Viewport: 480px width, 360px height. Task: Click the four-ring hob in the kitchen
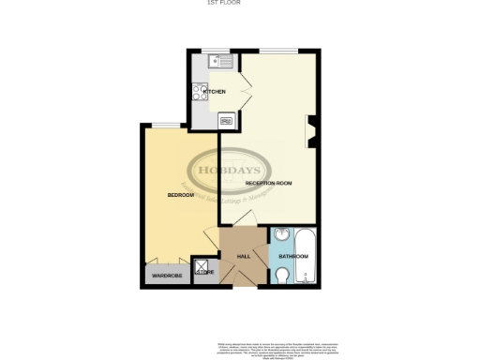[x=201, y=91]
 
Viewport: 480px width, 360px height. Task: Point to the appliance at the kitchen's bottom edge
[x=226, y=120]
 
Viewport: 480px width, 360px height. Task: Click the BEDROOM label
[x=180, y=195]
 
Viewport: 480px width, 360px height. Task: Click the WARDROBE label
[x=166, y=277]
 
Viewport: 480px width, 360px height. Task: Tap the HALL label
[x=243, y=256]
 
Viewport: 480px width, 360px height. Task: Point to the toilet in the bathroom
[x=283, y=274]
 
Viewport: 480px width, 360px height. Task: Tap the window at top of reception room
[x=279, y=50]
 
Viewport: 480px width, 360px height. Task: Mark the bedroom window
[x=167, y=125]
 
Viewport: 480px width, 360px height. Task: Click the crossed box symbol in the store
[x=199, y=266]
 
